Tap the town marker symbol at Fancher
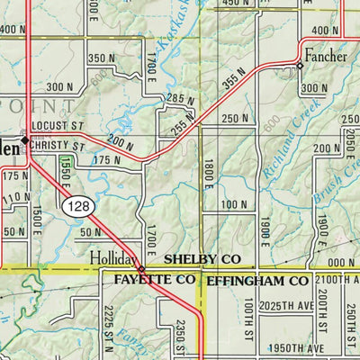(300, 66)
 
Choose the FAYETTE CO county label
(155, 281)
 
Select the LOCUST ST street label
(56, 127)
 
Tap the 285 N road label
(181, 98)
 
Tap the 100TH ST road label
(247, 319)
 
